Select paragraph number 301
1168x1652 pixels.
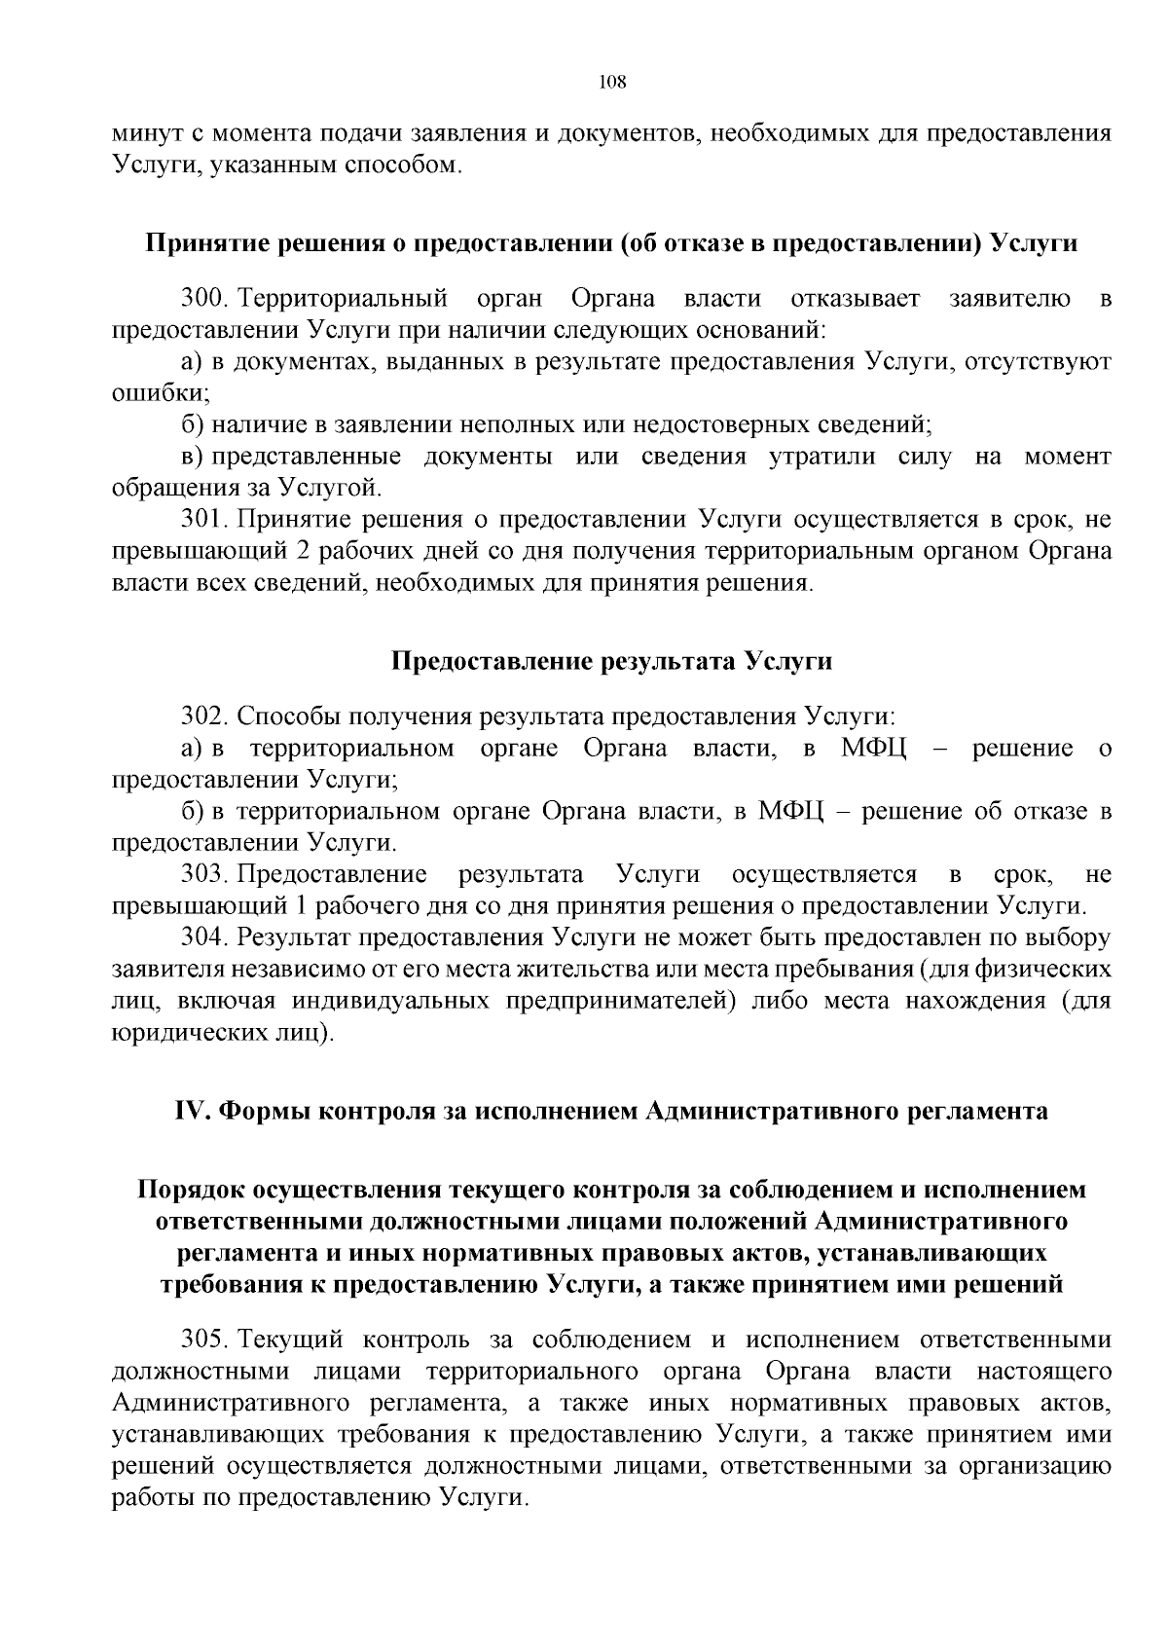pyautogui.click(x=202, y=519)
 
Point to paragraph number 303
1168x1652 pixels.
pyautogui.click(x=202, y=874)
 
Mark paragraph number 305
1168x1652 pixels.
pyautogui.click(x=202, y=1340)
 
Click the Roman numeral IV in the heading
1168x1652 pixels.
pyautogui.click(x=193, y=1111)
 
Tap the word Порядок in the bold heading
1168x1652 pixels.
pyautogui.click(x=191, y=1190)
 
